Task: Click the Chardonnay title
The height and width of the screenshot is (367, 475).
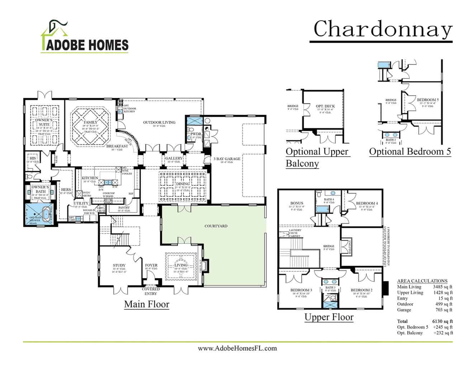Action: tap(383, 29)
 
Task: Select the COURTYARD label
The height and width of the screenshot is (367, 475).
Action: tap(216, 226)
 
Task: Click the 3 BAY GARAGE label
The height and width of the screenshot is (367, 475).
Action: tap(227, 159)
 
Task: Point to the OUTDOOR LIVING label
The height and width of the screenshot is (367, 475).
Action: tap(159, 122)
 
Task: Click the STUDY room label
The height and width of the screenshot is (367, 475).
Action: tap(119, 266)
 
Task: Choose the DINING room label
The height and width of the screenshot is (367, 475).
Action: tap(182, 184)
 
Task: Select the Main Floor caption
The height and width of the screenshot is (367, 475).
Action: tap(147, 304)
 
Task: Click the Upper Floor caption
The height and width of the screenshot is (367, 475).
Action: tap(329, 317)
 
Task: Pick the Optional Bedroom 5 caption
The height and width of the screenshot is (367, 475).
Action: tap(410, 152)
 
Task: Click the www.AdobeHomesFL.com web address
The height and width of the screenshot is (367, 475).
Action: tap(237, 348)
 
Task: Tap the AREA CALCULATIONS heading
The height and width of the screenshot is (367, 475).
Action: tap(422, 281)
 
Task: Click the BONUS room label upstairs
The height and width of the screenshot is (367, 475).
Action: tap(297, 203)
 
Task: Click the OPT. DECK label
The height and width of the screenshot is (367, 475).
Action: tap(325, 106)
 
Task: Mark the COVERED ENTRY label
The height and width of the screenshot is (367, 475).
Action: tap(151, 291)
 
